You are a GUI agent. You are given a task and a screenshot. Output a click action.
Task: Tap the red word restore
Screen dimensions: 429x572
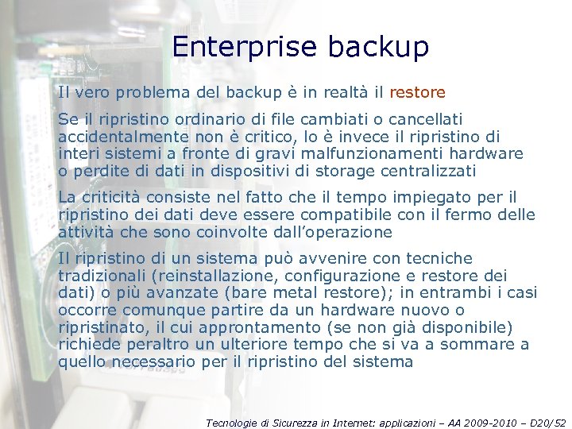pyautogui.click(x=418, y=92)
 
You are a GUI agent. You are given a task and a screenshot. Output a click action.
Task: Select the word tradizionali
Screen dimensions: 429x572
pyautogui.click(x=105, y=275)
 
